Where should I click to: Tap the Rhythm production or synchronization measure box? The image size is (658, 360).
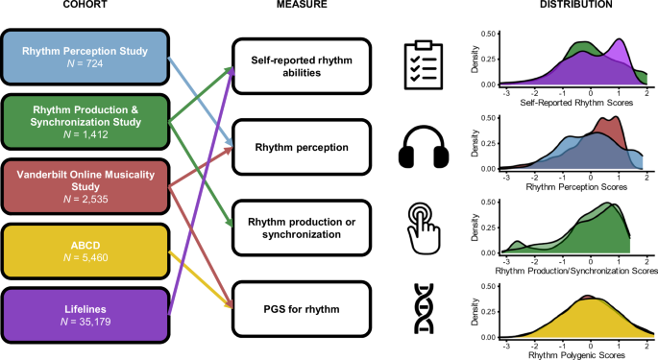tap(302, 229)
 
